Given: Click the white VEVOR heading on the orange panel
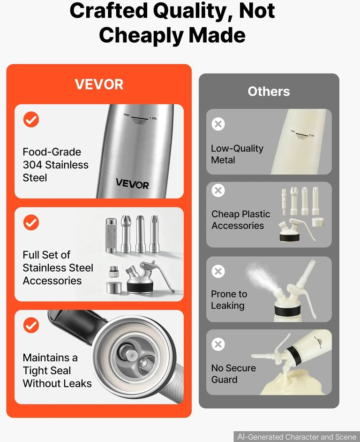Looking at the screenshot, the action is click(x=99, y=84).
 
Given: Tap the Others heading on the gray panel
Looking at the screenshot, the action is click(x=269, y=91).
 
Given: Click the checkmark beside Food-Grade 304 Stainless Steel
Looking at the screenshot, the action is click(x=31, y=120).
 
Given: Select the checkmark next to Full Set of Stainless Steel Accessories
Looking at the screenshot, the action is click(x=31, y=222).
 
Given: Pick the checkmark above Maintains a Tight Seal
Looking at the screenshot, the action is click(x=31, y=325).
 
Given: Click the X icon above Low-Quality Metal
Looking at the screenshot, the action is click(x=218, y=124).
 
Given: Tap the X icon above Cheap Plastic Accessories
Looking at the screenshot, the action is click(x=218, y=191).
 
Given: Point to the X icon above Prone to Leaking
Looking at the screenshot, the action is click(x=218, y=271).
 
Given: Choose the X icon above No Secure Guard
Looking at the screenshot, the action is click(x=218, y=344).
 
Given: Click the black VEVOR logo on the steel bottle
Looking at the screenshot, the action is click(x=132, y=184).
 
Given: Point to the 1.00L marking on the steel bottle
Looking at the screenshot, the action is click(x=153, y=118).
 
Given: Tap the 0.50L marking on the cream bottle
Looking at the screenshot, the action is click(x=312, y=136).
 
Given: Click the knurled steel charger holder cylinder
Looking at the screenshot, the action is click(x=111, y=236).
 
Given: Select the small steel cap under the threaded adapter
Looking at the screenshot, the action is click(x=114, y=288).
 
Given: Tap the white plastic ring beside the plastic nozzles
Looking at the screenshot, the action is click(x=318, y=222).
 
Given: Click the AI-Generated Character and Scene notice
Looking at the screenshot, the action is click(x=297, y=437).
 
